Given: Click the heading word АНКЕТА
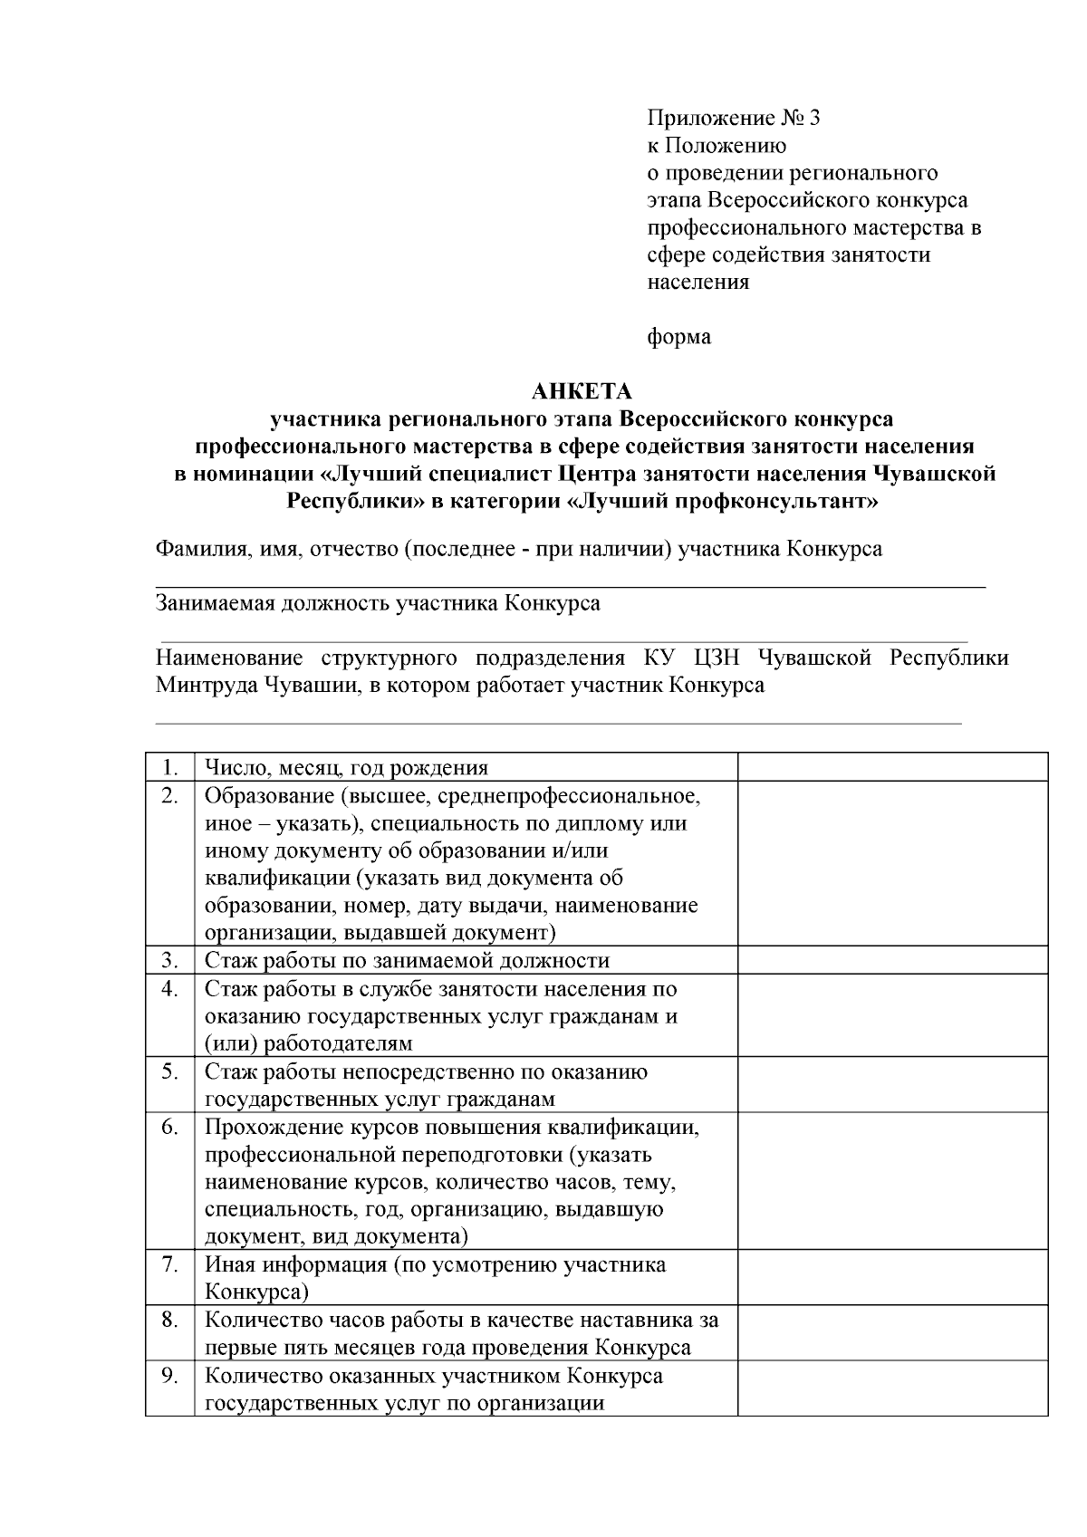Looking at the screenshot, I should pos(581,392).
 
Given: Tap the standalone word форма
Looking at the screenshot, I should pos(678,337).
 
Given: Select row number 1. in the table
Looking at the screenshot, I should pos(169,767).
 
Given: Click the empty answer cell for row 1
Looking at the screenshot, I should pos(891,767).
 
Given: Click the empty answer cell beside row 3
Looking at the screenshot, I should pos(891,960).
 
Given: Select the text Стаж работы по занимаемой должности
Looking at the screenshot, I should pos(407,960).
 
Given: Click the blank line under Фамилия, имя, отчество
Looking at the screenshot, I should pos(571,587).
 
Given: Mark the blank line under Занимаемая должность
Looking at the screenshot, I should pos(562,641).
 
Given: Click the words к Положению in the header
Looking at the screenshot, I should pos(717,145).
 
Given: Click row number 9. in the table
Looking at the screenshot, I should pos(169,1376).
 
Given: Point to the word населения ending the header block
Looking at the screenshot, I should pos(697,282).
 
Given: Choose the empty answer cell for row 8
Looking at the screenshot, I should pos(891,1333).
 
